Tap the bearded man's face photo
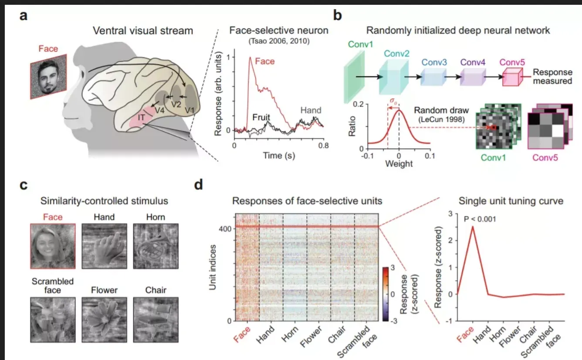pyautogui.click(x=48, y=77)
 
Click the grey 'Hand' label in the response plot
pyautogui.click(x=311, y=111)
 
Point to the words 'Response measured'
pyautogui.click(x=553, y=77)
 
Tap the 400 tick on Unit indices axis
pyautogui.click(x=223, y=228)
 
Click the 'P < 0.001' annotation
pyautogui.click(x=484, y=219)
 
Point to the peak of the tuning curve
pyautogui.click(x=472, y=227)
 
